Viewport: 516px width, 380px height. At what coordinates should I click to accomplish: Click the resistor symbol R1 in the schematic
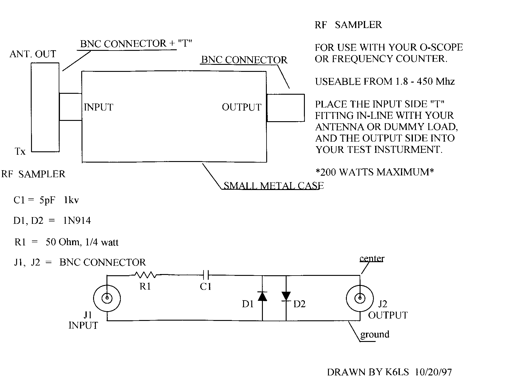[x=145, y=275]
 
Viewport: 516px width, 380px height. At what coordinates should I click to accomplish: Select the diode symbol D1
[x=262, y=296]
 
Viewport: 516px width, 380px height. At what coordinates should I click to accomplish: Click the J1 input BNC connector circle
[x=107, y=298]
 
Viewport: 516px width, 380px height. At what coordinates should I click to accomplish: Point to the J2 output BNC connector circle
[x=360, y=298]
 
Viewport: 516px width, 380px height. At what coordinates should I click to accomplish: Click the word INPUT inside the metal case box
[x=99, y=107]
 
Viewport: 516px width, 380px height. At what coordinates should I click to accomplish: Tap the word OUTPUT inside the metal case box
[x=242, y=107]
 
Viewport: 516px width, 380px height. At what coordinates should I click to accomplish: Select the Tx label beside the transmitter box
[x=20, y=151]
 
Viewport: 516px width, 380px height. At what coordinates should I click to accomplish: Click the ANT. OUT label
[x=33, y=54]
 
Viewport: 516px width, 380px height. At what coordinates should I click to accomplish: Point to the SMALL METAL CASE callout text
[x=274, y=185]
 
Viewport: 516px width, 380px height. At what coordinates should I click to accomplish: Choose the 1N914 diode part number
[x=77, y=220]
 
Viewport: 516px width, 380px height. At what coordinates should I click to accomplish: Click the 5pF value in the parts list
[x=47, y=200]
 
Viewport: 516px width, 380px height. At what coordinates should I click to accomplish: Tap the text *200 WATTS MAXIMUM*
[x=375, y=172]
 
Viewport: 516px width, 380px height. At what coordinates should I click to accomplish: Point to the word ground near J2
[x=375, y=334]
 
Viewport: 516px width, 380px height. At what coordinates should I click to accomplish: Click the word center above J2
[x=372, y=259]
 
